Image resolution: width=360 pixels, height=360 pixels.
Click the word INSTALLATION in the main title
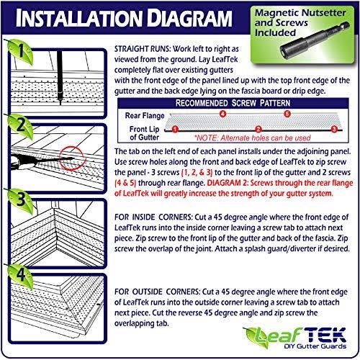(x=78, y=18)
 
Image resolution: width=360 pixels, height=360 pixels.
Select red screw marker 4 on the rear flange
(x=223, y=114)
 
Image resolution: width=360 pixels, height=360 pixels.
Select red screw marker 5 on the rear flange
(x=287, y=114)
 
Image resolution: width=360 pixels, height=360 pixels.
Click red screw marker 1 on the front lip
(x=175, y=130)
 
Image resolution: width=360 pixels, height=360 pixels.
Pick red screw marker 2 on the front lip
(x=258, y=130)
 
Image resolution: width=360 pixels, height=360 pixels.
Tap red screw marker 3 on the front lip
(x=334, y=130)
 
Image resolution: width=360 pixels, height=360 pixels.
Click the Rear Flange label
(x=145, y=116)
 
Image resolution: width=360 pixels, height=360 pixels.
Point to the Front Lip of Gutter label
(x=144, y=133)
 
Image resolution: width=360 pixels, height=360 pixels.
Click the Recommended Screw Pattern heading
(x=233, y=103)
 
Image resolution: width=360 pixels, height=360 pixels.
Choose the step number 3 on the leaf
(x=21, y=199)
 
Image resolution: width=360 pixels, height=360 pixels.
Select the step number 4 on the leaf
(x=21, y=274)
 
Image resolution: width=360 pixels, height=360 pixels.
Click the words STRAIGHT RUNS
(x=143, y=49)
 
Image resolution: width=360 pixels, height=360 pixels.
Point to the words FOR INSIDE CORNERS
(x=153, y=217)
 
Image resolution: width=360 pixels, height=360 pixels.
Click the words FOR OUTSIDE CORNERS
(x=157, y=292)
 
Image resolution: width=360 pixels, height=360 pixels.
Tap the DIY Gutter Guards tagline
(x=315, y=346)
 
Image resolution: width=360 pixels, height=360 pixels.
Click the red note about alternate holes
(x=253, y=138)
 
